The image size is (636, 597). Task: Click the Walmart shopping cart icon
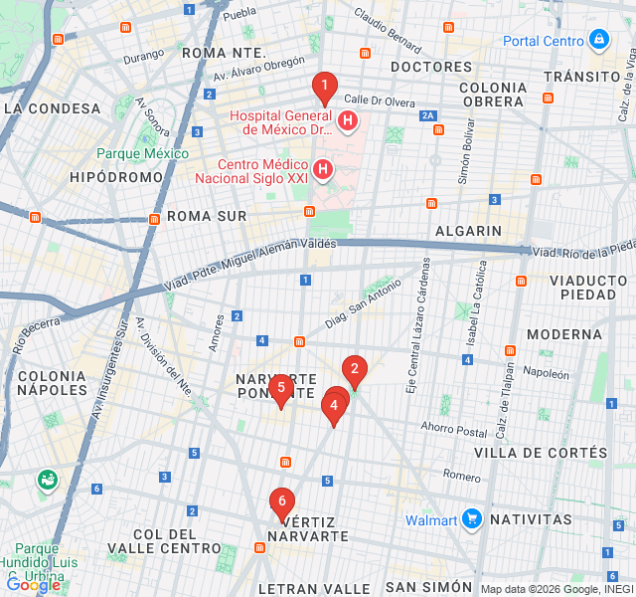point(471,519)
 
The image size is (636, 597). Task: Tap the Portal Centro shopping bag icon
point(598,40)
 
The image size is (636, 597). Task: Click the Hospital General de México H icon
point(347,121)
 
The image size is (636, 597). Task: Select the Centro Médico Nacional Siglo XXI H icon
point(323,170)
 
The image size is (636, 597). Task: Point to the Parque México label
point(142,153)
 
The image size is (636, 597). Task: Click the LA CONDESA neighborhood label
point(52,108)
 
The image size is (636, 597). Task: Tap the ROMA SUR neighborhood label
point(206,216)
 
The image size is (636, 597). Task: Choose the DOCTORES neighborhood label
point(431,67)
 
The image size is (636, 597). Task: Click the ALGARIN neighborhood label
point(468,231)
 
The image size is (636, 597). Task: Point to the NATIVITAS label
point(531,519)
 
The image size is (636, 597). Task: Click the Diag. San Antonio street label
point(363,303)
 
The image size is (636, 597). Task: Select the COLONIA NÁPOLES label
point(52,383)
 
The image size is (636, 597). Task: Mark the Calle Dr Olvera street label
point(380,100)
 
